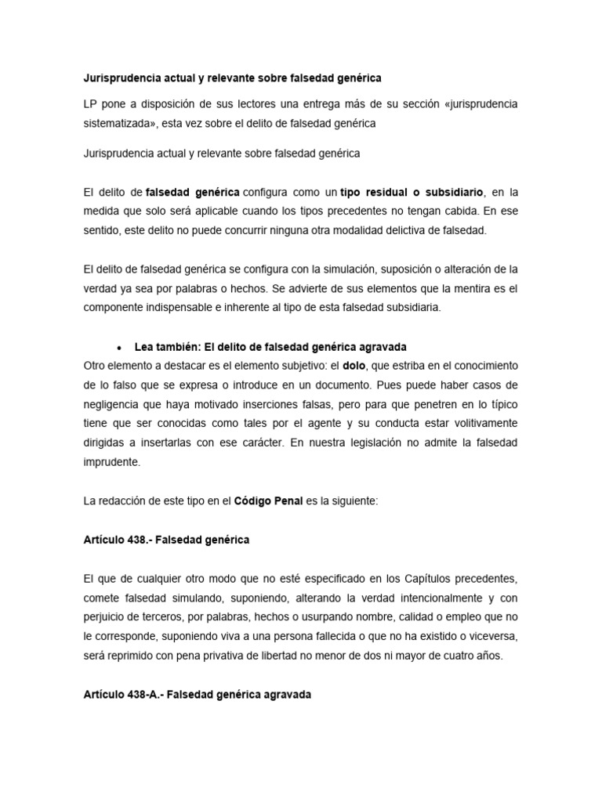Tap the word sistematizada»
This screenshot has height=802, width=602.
[x=118, y=123]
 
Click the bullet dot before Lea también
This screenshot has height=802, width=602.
[x=118, y=347]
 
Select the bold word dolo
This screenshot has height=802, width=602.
[x=355, y=366]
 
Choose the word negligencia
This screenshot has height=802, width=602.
[x=114, y=403]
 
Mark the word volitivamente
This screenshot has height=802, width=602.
[x=481, y=423]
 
